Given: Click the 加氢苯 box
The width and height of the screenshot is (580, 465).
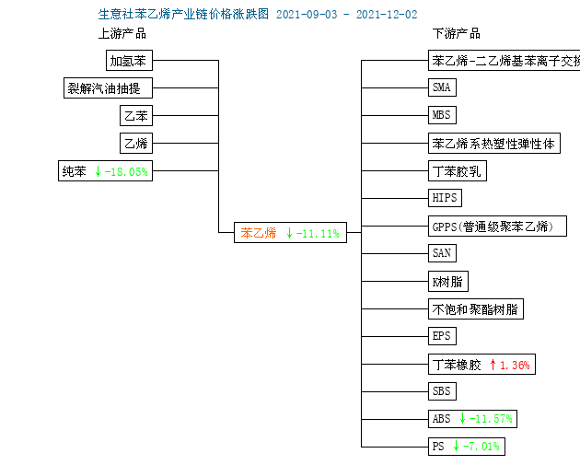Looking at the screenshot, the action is [x=129, y=60].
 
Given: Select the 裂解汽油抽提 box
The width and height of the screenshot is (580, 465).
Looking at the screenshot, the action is [x=108, y=88].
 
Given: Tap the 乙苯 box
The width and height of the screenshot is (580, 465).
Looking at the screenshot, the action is [x=136, y=115].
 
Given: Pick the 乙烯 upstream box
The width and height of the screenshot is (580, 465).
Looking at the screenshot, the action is [x=136, y=143].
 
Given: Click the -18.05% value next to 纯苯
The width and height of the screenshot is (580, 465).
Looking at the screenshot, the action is [x=126, y=171].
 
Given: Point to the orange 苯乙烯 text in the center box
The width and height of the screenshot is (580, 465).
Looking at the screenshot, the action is [x=259, y=233].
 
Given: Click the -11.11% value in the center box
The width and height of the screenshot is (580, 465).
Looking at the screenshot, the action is [x=318, y=234].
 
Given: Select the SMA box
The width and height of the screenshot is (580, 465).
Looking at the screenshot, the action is [x=442, y=87].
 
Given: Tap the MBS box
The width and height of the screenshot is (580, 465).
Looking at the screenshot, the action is [x=442, y=115].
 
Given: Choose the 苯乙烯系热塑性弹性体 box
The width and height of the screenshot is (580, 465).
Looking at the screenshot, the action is [x=494, y=143].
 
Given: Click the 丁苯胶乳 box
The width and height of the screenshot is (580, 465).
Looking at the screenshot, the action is [x=458, y=171].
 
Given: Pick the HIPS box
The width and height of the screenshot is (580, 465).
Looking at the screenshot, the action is [x=445, y=198].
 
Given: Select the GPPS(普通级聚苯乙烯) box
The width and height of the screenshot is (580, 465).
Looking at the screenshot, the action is [x=497, y=226].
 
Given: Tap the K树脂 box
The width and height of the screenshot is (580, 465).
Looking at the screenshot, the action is [x=448, y=282].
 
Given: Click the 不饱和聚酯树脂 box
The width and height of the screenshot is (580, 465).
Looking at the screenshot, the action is [x=476, y=308].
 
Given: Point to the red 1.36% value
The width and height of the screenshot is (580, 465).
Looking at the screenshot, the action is [x=515, y=366].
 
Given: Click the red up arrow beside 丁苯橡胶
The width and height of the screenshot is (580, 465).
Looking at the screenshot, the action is [x=493, y=365].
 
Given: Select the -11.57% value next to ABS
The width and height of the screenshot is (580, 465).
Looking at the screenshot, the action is [x=491, y=419].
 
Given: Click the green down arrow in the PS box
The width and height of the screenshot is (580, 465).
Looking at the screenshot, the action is [x=456, y=446].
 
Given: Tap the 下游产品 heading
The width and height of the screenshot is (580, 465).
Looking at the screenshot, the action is [x=457, y=34].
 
